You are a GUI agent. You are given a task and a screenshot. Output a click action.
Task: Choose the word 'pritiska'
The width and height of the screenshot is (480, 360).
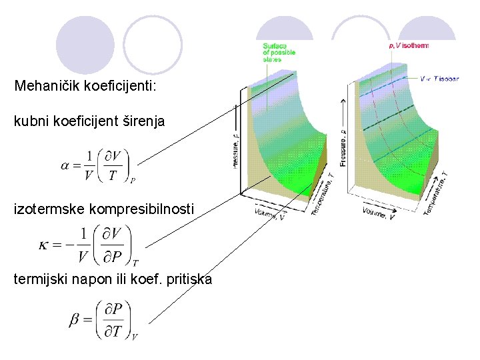189,279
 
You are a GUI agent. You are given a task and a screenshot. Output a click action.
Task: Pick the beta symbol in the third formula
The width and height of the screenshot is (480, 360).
75,321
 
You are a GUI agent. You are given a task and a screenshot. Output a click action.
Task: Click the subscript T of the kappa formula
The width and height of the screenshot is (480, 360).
135,263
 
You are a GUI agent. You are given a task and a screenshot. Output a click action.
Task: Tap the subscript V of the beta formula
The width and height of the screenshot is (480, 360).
135,337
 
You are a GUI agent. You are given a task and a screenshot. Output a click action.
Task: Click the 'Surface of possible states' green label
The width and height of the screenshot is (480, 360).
279,52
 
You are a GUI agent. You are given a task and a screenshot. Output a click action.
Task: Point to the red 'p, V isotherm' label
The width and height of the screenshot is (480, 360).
408,46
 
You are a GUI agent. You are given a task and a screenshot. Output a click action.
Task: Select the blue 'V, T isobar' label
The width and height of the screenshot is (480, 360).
439,78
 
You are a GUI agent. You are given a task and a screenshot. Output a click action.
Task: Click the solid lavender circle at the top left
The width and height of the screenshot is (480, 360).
85,45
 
